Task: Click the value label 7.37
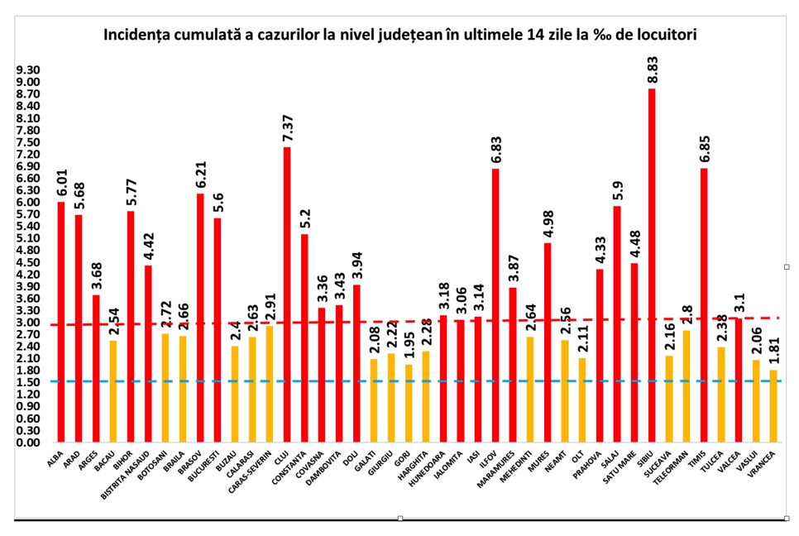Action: coord(287,125)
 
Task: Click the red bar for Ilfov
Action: coord(495,305)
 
